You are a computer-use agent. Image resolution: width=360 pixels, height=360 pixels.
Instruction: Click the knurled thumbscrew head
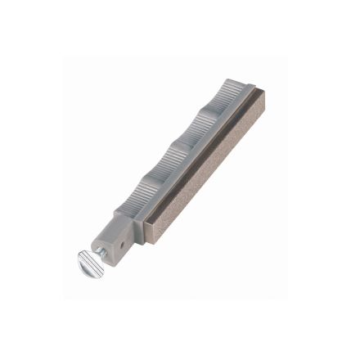[89, 263]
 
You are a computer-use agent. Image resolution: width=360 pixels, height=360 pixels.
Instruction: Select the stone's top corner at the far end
[256, 92]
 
